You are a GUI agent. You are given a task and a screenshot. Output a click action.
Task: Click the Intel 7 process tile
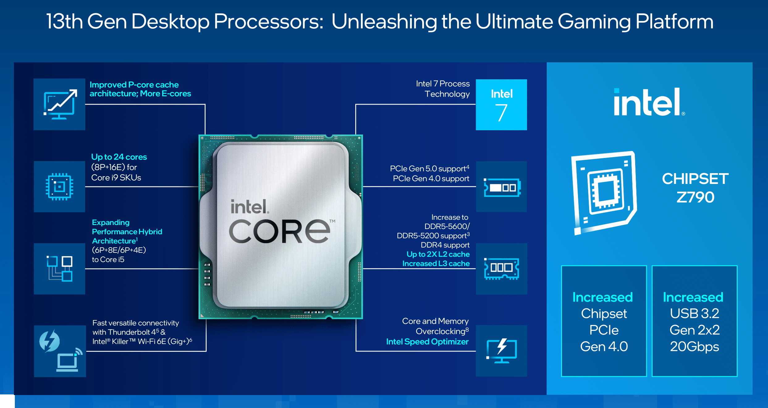tap(501, 105)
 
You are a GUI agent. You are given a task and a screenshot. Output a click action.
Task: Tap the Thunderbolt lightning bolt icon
tap(49, 341)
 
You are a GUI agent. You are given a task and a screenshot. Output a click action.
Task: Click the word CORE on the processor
tap(279, 231)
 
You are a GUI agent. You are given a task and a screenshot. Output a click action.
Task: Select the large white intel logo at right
tap(649, 102)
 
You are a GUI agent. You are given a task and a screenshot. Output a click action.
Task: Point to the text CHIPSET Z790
tap(695, 188)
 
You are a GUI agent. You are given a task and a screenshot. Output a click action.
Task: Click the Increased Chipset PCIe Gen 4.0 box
tap(604, 321)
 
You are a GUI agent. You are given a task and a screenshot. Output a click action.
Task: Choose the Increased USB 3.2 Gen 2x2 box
tap(694, 321)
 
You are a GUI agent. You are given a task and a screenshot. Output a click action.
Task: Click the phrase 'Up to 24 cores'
tap(119, 157)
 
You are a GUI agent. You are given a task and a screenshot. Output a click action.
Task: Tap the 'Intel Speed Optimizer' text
tap(427, 342)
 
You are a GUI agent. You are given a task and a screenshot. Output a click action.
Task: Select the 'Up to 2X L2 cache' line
tap(438, 254)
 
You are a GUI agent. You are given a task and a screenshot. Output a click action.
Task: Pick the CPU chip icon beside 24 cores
tap(59, 186)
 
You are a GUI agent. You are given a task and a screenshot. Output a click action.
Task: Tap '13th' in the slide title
tap(65, 22)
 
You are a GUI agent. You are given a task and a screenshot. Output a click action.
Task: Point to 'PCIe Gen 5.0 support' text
tap(429, 169)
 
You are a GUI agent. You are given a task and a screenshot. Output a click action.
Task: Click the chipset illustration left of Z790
tap(604, 193)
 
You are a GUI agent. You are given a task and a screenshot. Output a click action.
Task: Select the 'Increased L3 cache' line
tap(436, 264)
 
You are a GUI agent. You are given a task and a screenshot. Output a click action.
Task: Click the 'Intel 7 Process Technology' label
tap(443, 89)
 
